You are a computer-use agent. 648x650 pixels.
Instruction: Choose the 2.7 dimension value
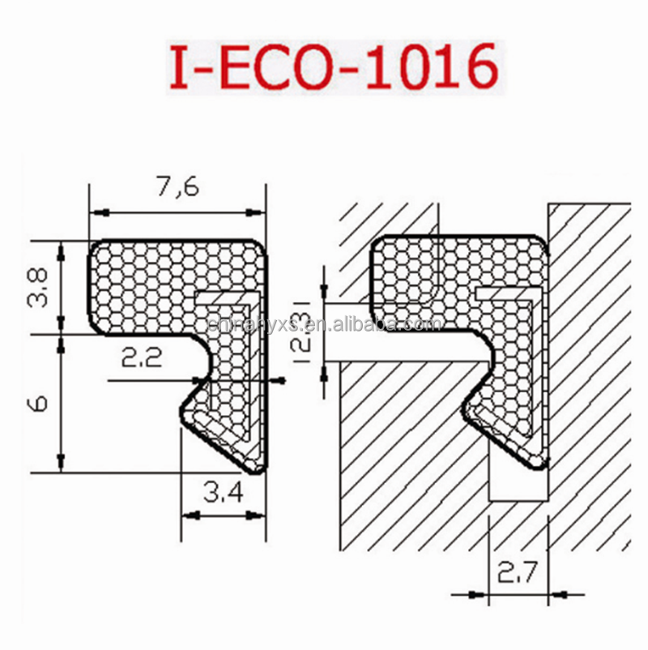coord(519,576)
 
